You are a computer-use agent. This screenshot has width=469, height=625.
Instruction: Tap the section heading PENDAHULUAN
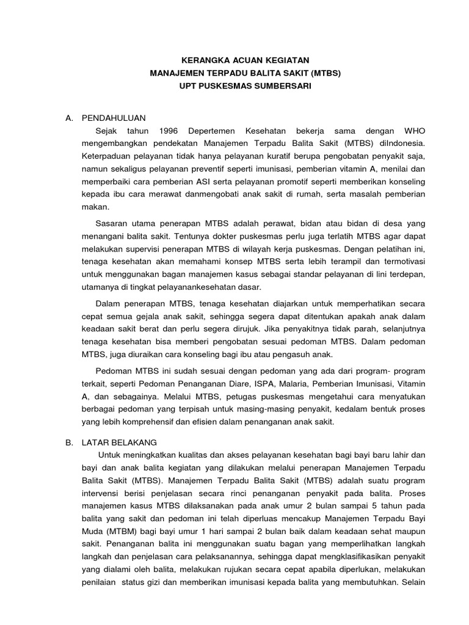tap(113, 118)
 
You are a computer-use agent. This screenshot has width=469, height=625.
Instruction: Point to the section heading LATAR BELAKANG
tap(119, 442)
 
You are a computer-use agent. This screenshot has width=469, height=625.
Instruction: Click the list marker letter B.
tap(69, 442)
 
